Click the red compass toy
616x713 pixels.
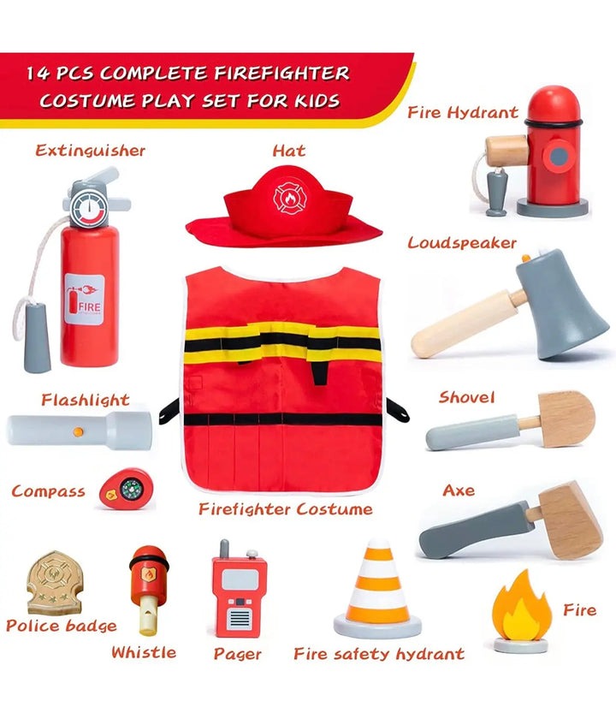coord(126,489)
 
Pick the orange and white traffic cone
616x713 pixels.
coord(377,590)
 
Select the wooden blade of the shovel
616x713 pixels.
coord(566,419)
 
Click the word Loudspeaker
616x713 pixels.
coord(462,243)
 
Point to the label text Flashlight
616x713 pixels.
coord(86,400)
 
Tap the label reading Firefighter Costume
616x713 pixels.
coord(285,509)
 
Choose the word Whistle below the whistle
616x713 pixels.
coord(144,652)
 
